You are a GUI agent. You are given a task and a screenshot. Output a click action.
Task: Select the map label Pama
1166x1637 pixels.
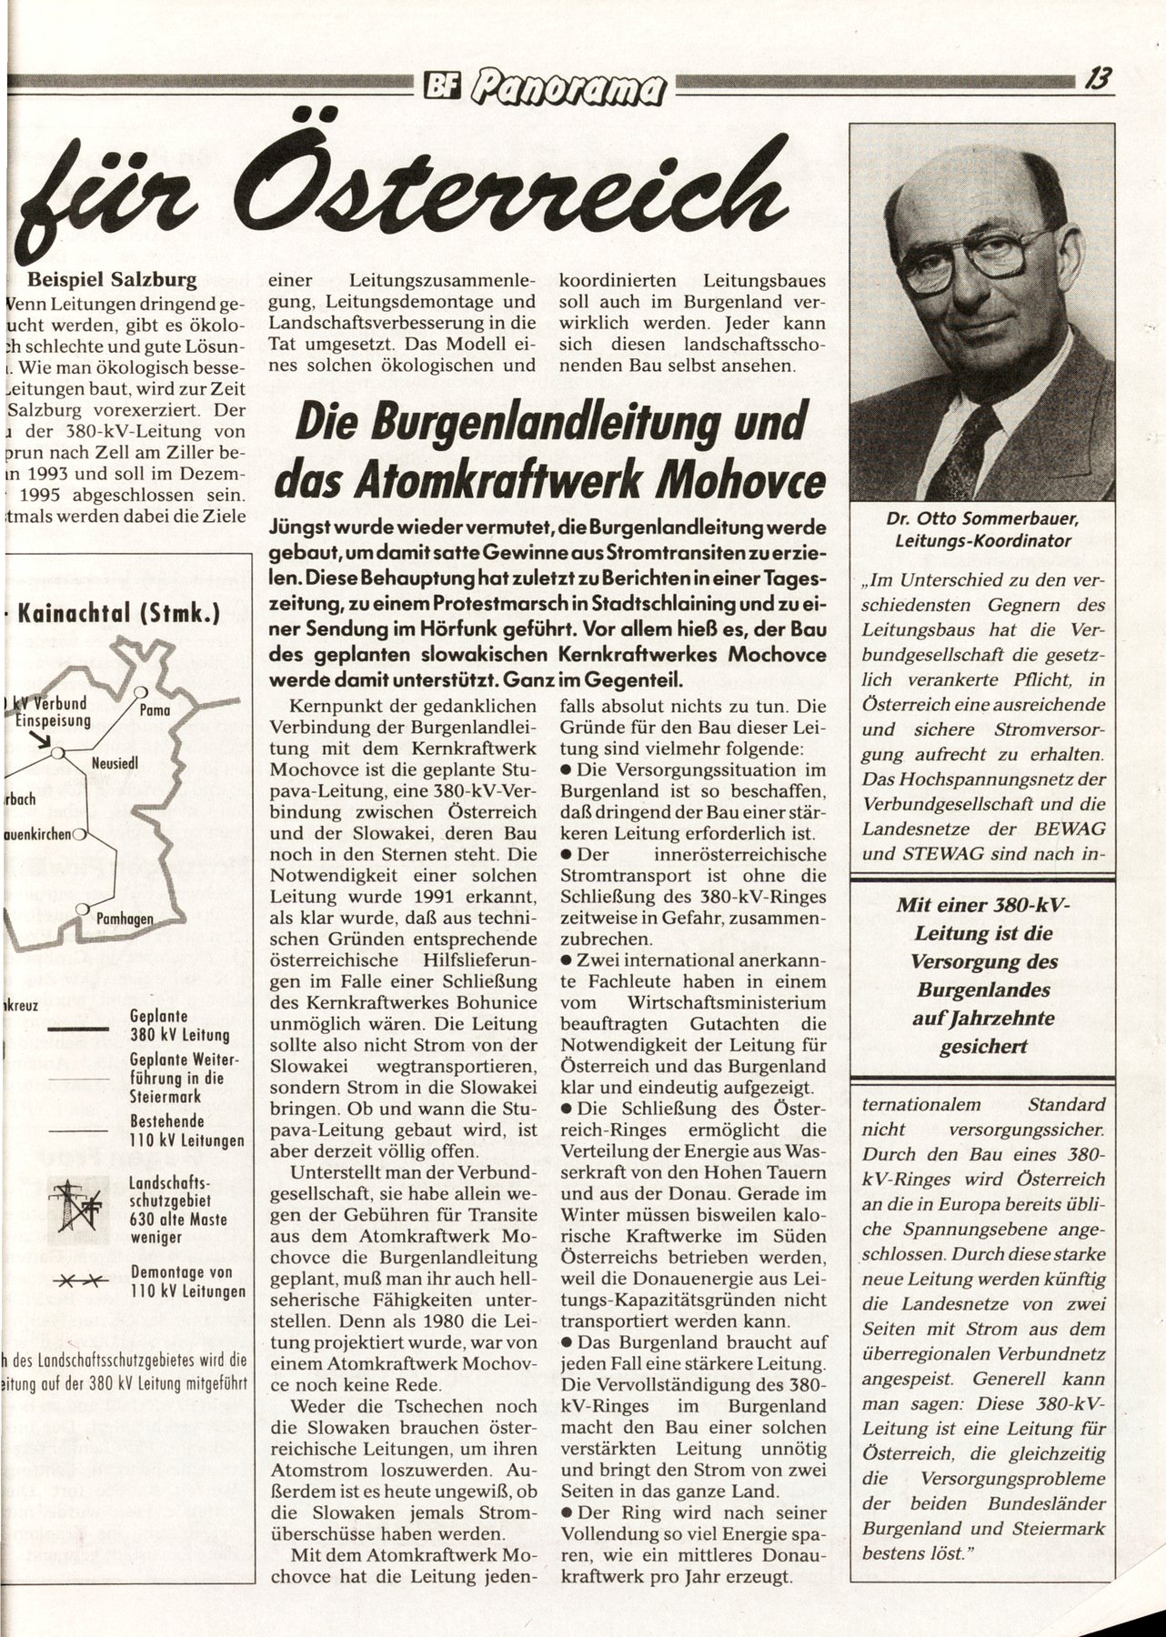click(x=156, y=710)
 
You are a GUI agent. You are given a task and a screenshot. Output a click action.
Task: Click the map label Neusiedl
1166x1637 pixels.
click(x=114, y=765)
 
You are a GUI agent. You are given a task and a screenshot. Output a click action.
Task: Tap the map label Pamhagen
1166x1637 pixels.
click(x=125, y=919)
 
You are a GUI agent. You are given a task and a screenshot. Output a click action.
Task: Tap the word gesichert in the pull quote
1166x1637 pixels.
click(x=981, y=1046)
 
